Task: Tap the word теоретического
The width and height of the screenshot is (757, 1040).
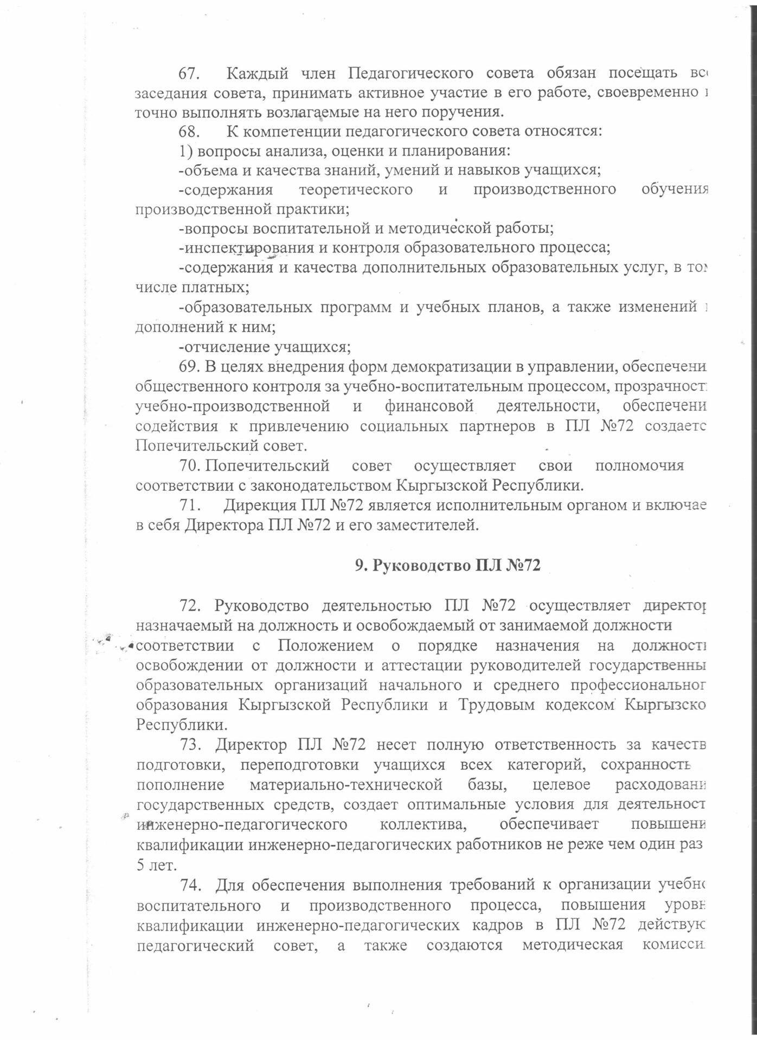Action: coord(355,190)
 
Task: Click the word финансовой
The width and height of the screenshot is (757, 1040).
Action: coord(429,406)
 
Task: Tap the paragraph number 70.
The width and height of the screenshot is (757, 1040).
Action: coord(190,466)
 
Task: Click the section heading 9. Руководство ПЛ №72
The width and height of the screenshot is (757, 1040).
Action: coord(447,565)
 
